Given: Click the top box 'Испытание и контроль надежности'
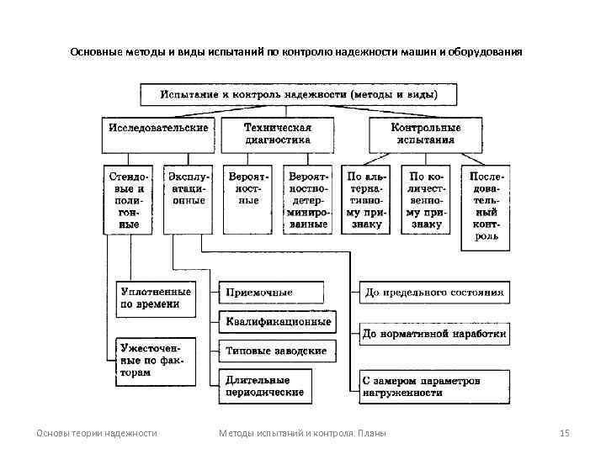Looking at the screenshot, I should tap(298, 93).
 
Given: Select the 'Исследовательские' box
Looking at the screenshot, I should tap(158, 134).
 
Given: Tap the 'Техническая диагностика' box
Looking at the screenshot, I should tap(278, 134).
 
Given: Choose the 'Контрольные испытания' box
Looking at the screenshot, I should tap(426, 134).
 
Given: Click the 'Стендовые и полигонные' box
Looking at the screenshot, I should tap(129, 201).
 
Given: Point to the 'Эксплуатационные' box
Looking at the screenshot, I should tap(188, 201).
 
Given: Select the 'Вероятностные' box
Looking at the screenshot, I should tap(248, 201).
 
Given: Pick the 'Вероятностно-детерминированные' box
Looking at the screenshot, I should tap(308, 201).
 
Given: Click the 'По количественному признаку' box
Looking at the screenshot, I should tap(428, 201).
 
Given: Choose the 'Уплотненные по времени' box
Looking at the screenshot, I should tap(156, 298).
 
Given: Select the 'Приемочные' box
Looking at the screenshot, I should tap(271, 293).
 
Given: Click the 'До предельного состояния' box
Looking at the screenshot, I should tap(434, 293).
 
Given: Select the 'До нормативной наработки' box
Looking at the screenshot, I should tap(434, 334).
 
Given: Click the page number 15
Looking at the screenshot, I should tap(565, 433).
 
